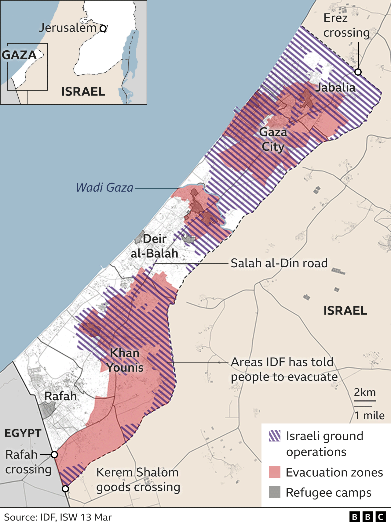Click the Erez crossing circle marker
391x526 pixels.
tap(358, 72)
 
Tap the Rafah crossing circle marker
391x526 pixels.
tap(54, 455)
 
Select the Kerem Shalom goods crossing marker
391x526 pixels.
tap(65, 489)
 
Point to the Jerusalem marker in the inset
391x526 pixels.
tap(103, 29)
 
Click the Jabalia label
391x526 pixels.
tap(335, 88)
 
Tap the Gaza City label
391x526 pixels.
tap(273, 139)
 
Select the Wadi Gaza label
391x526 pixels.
tap(104, 187)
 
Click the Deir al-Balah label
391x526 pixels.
tap(155, 246)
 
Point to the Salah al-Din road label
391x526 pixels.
tap(279, 263)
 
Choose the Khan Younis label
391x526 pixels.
tap(125, 360)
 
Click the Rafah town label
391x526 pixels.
tap(60, 396)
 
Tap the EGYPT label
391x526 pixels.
tap(23, 433)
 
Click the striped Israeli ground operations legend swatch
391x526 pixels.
tap(274, 436)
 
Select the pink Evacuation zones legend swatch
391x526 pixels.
tap(274, 472)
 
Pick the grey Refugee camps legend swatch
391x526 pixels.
tap(274, 492)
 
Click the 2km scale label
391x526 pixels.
tap(365, 392)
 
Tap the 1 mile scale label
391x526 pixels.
tap(369, 416)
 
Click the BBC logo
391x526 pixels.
tap(367, 517)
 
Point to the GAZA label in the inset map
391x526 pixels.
tap(19, 55)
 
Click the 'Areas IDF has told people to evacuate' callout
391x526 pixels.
tap(284, 369)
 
